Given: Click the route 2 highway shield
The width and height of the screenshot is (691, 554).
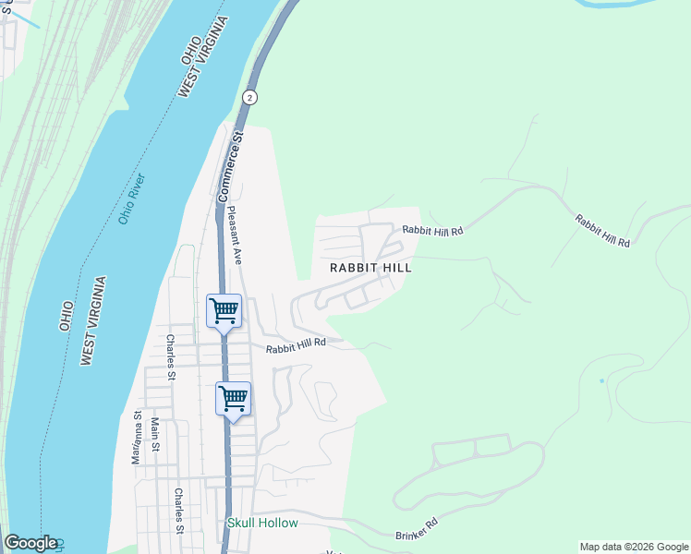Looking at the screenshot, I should [249, 97].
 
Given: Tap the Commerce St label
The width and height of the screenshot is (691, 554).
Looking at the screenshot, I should [230, 166].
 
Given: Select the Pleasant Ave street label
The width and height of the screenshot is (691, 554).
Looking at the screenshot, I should [235, 236].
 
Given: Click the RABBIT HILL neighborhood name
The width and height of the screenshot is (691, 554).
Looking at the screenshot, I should [370, 267].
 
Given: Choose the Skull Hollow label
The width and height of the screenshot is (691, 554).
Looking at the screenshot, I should [263, 523].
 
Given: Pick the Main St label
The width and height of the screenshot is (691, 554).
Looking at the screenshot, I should [155, 435].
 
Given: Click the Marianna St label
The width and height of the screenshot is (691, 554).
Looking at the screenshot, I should [137, 437].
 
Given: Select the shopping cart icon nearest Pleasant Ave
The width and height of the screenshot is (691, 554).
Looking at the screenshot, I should [224, 310].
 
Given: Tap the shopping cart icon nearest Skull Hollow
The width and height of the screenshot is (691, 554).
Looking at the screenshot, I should [234, 399].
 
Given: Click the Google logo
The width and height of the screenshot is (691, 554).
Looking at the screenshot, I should [30, 543].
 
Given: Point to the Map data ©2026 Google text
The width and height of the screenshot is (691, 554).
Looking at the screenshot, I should [633, 547].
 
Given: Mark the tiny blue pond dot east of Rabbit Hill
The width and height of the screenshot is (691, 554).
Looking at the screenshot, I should [601, 380].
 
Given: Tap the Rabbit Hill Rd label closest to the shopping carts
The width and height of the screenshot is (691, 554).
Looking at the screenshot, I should [297, 345].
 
